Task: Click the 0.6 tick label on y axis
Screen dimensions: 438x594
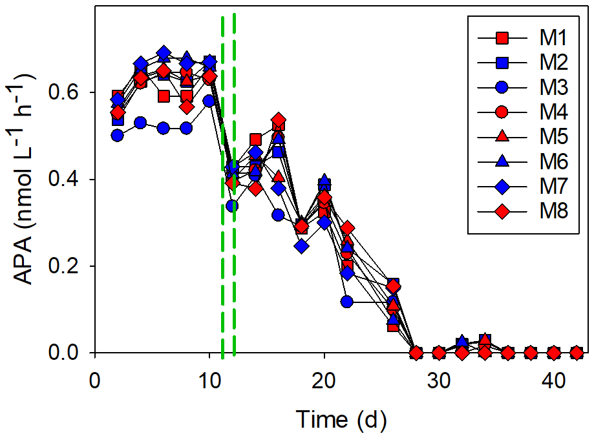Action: click(x=64, y=92)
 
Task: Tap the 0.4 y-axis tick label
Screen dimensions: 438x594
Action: click(x=64, y=180)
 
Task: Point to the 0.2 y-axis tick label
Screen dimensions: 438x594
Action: click(x=64, y=267)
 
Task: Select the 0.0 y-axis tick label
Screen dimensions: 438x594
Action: click(x=64, y=353)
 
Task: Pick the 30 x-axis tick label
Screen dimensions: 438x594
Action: click(x=439, y=377)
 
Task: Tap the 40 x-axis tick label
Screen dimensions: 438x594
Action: click(x=554, y=377)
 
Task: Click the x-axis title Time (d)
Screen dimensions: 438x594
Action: click(x=342, y=420)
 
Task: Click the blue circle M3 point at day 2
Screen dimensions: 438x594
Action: click(x=118, y=135)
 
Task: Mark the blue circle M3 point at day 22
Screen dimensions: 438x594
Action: click(x=347, y=302)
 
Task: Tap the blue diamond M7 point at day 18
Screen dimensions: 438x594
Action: click(x=301, y=246)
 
